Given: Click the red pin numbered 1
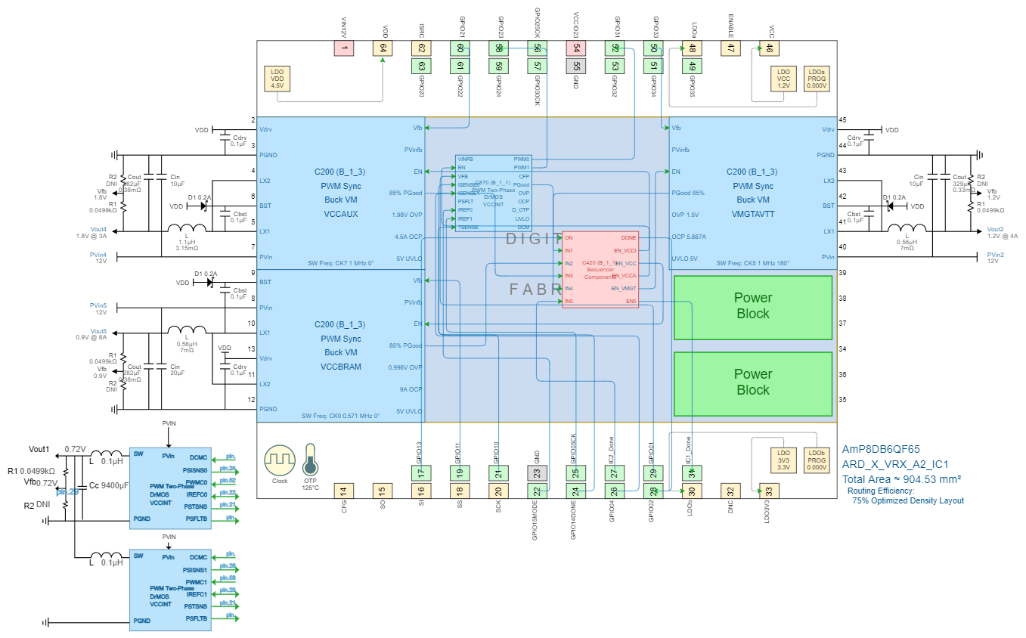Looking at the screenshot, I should tap(344, 48).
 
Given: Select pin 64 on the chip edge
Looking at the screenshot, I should tap(383, 48).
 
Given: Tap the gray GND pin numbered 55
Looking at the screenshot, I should tap(576, 66).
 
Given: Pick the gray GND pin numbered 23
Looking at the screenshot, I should tap(537, 473).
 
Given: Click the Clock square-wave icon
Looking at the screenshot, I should tap(280, 460).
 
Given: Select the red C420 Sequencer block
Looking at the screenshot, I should tap(600, 270).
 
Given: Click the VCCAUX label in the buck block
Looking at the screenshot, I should tap(341, 214).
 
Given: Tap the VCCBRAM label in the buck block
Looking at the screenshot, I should tap(341, 367).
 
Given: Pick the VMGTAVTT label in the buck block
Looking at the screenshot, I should tap(753, 214).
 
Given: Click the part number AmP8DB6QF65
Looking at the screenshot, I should tap(880, 449).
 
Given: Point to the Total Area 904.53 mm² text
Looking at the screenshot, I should tap(901, 479).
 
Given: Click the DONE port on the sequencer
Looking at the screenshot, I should tap(628, 238).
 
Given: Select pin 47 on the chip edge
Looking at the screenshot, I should tap(730, 48).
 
